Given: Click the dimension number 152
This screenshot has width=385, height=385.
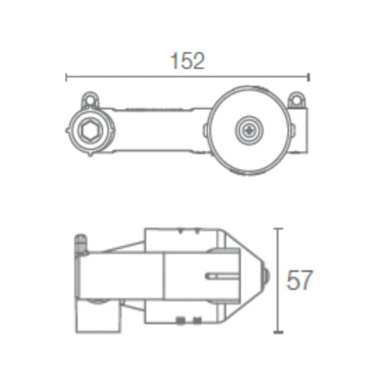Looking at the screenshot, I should point(188,61).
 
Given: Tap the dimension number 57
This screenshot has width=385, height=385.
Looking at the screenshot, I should point(299,280).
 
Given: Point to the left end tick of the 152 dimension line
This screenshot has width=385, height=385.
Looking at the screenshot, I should point(66,77).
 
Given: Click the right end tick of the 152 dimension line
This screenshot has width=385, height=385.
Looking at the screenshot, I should point(309,77).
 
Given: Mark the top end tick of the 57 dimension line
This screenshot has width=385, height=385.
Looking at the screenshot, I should point(278,229).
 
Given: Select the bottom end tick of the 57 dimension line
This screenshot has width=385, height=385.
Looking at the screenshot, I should point(278,332).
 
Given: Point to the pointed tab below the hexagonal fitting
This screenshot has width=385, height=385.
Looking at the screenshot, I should point(90,154).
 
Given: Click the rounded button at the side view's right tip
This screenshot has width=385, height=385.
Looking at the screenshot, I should point(266,276).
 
